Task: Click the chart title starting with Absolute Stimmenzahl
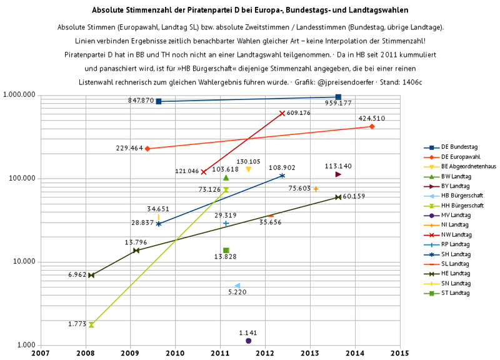click(x=250, y=11)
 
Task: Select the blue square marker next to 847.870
click(x=159, y=101)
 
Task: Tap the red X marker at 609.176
click(x=282, y=113)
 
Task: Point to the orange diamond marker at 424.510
click(x=372, y=126)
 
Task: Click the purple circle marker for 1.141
click(x=249, y=341)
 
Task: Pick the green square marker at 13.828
click(x=226, y=251)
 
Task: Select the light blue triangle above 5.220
click(x=237, y=286)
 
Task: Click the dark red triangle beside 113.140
click(x=338, y=174)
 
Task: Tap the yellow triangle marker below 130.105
click(x=248, y=169)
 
